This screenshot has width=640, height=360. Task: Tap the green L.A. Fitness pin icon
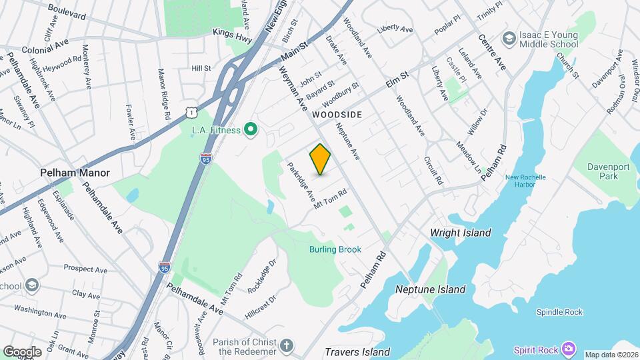point(251,129)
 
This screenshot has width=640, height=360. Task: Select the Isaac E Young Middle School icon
point(510,39)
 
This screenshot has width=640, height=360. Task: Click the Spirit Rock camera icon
point(568,349)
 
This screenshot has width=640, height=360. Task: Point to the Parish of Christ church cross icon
point(287,346)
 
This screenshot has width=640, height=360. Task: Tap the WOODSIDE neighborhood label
point(337,115)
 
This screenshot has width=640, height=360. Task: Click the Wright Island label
point(461,233)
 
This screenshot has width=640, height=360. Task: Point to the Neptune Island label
point(430,289)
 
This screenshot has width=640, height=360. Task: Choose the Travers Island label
point(357,351)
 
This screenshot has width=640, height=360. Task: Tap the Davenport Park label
point(609,171)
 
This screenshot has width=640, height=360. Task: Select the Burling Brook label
point(335,249)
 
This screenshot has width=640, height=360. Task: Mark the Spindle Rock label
point(559,312)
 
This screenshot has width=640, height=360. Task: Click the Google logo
point(22,351)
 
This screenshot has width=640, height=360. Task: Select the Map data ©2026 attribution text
point(611,355)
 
